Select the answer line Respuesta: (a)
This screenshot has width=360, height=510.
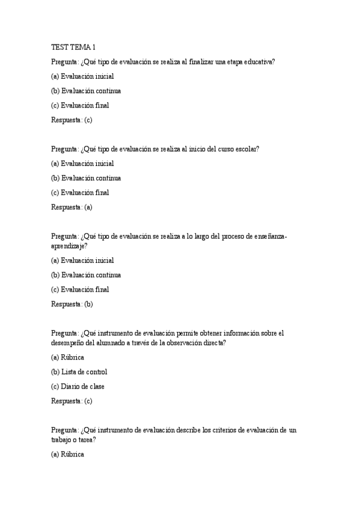(72, 207)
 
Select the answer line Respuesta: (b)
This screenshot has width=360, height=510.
(72, 304)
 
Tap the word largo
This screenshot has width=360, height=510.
(210, 236)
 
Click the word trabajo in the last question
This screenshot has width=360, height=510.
(63, 440)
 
